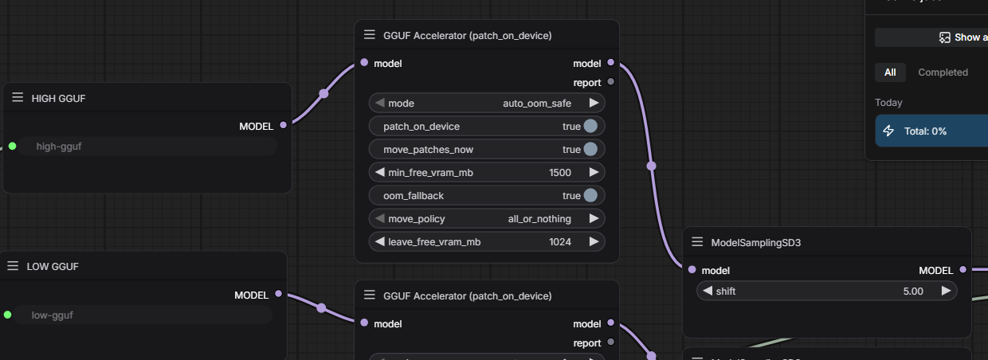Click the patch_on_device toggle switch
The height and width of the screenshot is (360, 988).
(590, 126)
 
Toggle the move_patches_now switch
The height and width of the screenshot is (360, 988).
(590, 149)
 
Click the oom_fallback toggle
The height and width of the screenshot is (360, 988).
(590, 195)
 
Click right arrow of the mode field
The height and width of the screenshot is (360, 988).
(594, 103)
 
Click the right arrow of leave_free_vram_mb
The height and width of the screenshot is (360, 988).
(594, 241)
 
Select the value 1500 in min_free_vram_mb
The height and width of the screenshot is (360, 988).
(560, 172)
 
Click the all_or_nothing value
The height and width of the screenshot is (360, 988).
(539, 218)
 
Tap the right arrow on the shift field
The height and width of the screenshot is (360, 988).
(946, 291)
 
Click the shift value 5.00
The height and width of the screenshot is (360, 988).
(913, 291)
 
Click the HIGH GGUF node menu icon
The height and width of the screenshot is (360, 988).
(18, 97)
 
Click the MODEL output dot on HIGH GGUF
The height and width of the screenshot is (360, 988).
(283, 125)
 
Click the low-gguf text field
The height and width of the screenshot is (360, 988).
(143, 315)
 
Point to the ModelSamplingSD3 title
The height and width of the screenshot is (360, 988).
(755, 242)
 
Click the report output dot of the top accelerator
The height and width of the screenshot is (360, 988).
(611, 81)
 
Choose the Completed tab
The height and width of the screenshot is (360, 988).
(943, 72)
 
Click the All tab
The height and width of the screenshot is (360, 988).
(890, 72)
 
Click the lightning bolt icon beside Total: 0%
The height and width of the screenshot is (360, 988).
(889, 131)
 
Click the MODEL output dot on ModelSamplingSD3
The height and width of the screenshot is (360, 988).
(963, 270)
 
